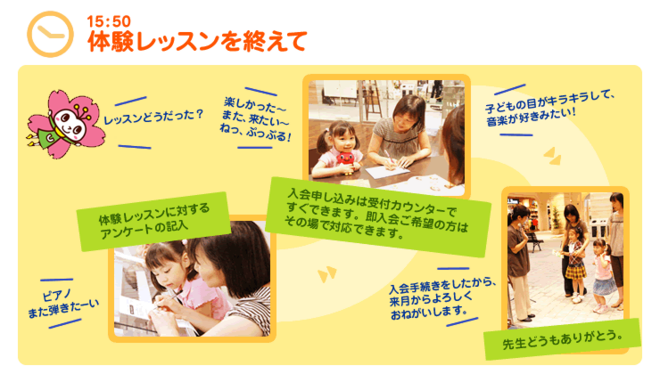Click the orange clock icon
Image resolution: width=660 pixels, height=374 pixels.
50,34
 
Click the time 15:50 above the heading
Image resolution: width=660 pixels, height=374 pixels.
109,21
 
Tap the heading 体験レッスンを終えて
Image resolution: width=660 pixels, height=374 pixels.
197,42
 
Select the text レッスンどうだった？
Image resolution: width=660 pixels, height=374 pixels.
153,117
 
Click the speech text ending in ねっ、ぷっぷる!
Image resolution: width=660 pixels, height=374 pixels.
255,119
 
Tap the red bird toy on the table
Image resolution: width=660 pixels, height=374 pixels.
346,162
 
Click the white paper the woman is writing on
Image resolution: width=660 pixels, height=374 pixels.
387,172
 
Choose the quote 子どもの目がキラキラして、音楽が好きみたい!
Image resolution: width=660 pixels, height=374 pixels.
549,108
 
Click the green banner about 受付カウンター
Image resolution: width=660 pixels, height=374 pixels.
377,217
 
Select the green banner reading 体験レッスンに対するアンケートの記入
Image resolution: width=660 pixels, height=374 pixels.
153,221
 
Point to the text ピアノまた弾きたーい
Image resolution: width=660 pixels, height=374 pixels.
63,304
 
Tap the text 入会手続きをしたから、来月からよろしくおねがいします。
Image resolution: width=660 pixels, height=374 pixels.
442,299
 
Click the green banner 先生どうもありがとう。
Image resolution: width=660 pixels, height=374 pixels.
563,339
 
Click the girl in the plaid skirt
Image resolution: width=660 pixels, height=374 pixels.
575,264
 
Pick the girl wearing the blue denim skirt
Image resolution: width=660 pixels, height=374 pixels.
604,275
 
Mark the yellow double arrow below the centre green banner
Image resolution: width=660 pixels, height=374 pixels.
327,274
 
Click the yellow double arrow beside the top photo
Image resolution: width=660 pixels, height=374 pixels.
552,156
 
